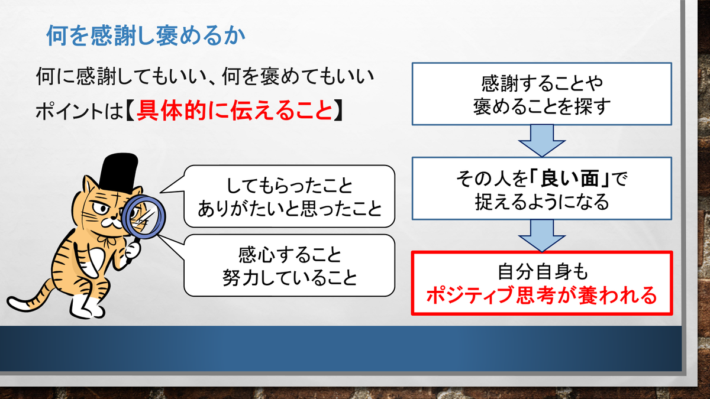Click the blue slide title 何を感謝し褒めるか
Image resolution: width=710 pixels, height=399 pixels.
click(x=146, y=35)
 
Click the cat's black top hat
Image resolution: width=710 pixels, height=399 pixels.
click(x=118, y=172)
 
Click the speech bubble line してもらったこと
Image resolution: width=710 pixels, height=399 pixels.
click(x=289, y=186)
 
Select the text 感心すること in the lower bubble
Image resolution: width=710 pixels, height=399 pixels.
click(x=289, y=255)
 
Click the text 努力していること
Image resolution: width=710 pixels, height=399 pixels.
click(x=289, y=278)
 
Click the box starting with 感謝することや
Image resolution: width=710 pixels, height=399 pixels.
click(x=542, y=94)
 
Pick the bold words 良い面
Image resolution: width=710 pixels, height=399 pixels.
click(x=570, y=179)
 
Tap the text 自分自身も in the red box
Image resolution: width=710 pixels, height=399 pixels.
click(x=543, y=272)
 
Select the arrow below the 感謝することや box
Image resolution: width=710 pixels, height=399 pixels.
click(x=542, y=141)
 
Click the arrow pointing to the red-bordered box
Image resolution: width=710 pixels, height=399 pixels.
click(x=542, y=236)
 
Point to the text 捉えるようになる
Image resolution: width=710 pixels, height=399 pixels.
click(x=542, y=202)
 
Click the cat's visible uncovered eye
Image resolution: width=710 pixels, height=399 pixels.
click(x=101, y=207)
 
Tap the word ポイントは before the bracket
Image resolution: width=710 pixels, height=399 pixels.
click(x=79, y=111)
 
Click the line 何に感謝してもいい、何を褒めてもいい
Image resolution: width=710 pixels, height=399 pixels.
click(x=205, y=76)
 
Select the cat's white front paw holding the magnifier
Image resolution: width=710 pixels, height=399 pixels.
click(x=132, y=250)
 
